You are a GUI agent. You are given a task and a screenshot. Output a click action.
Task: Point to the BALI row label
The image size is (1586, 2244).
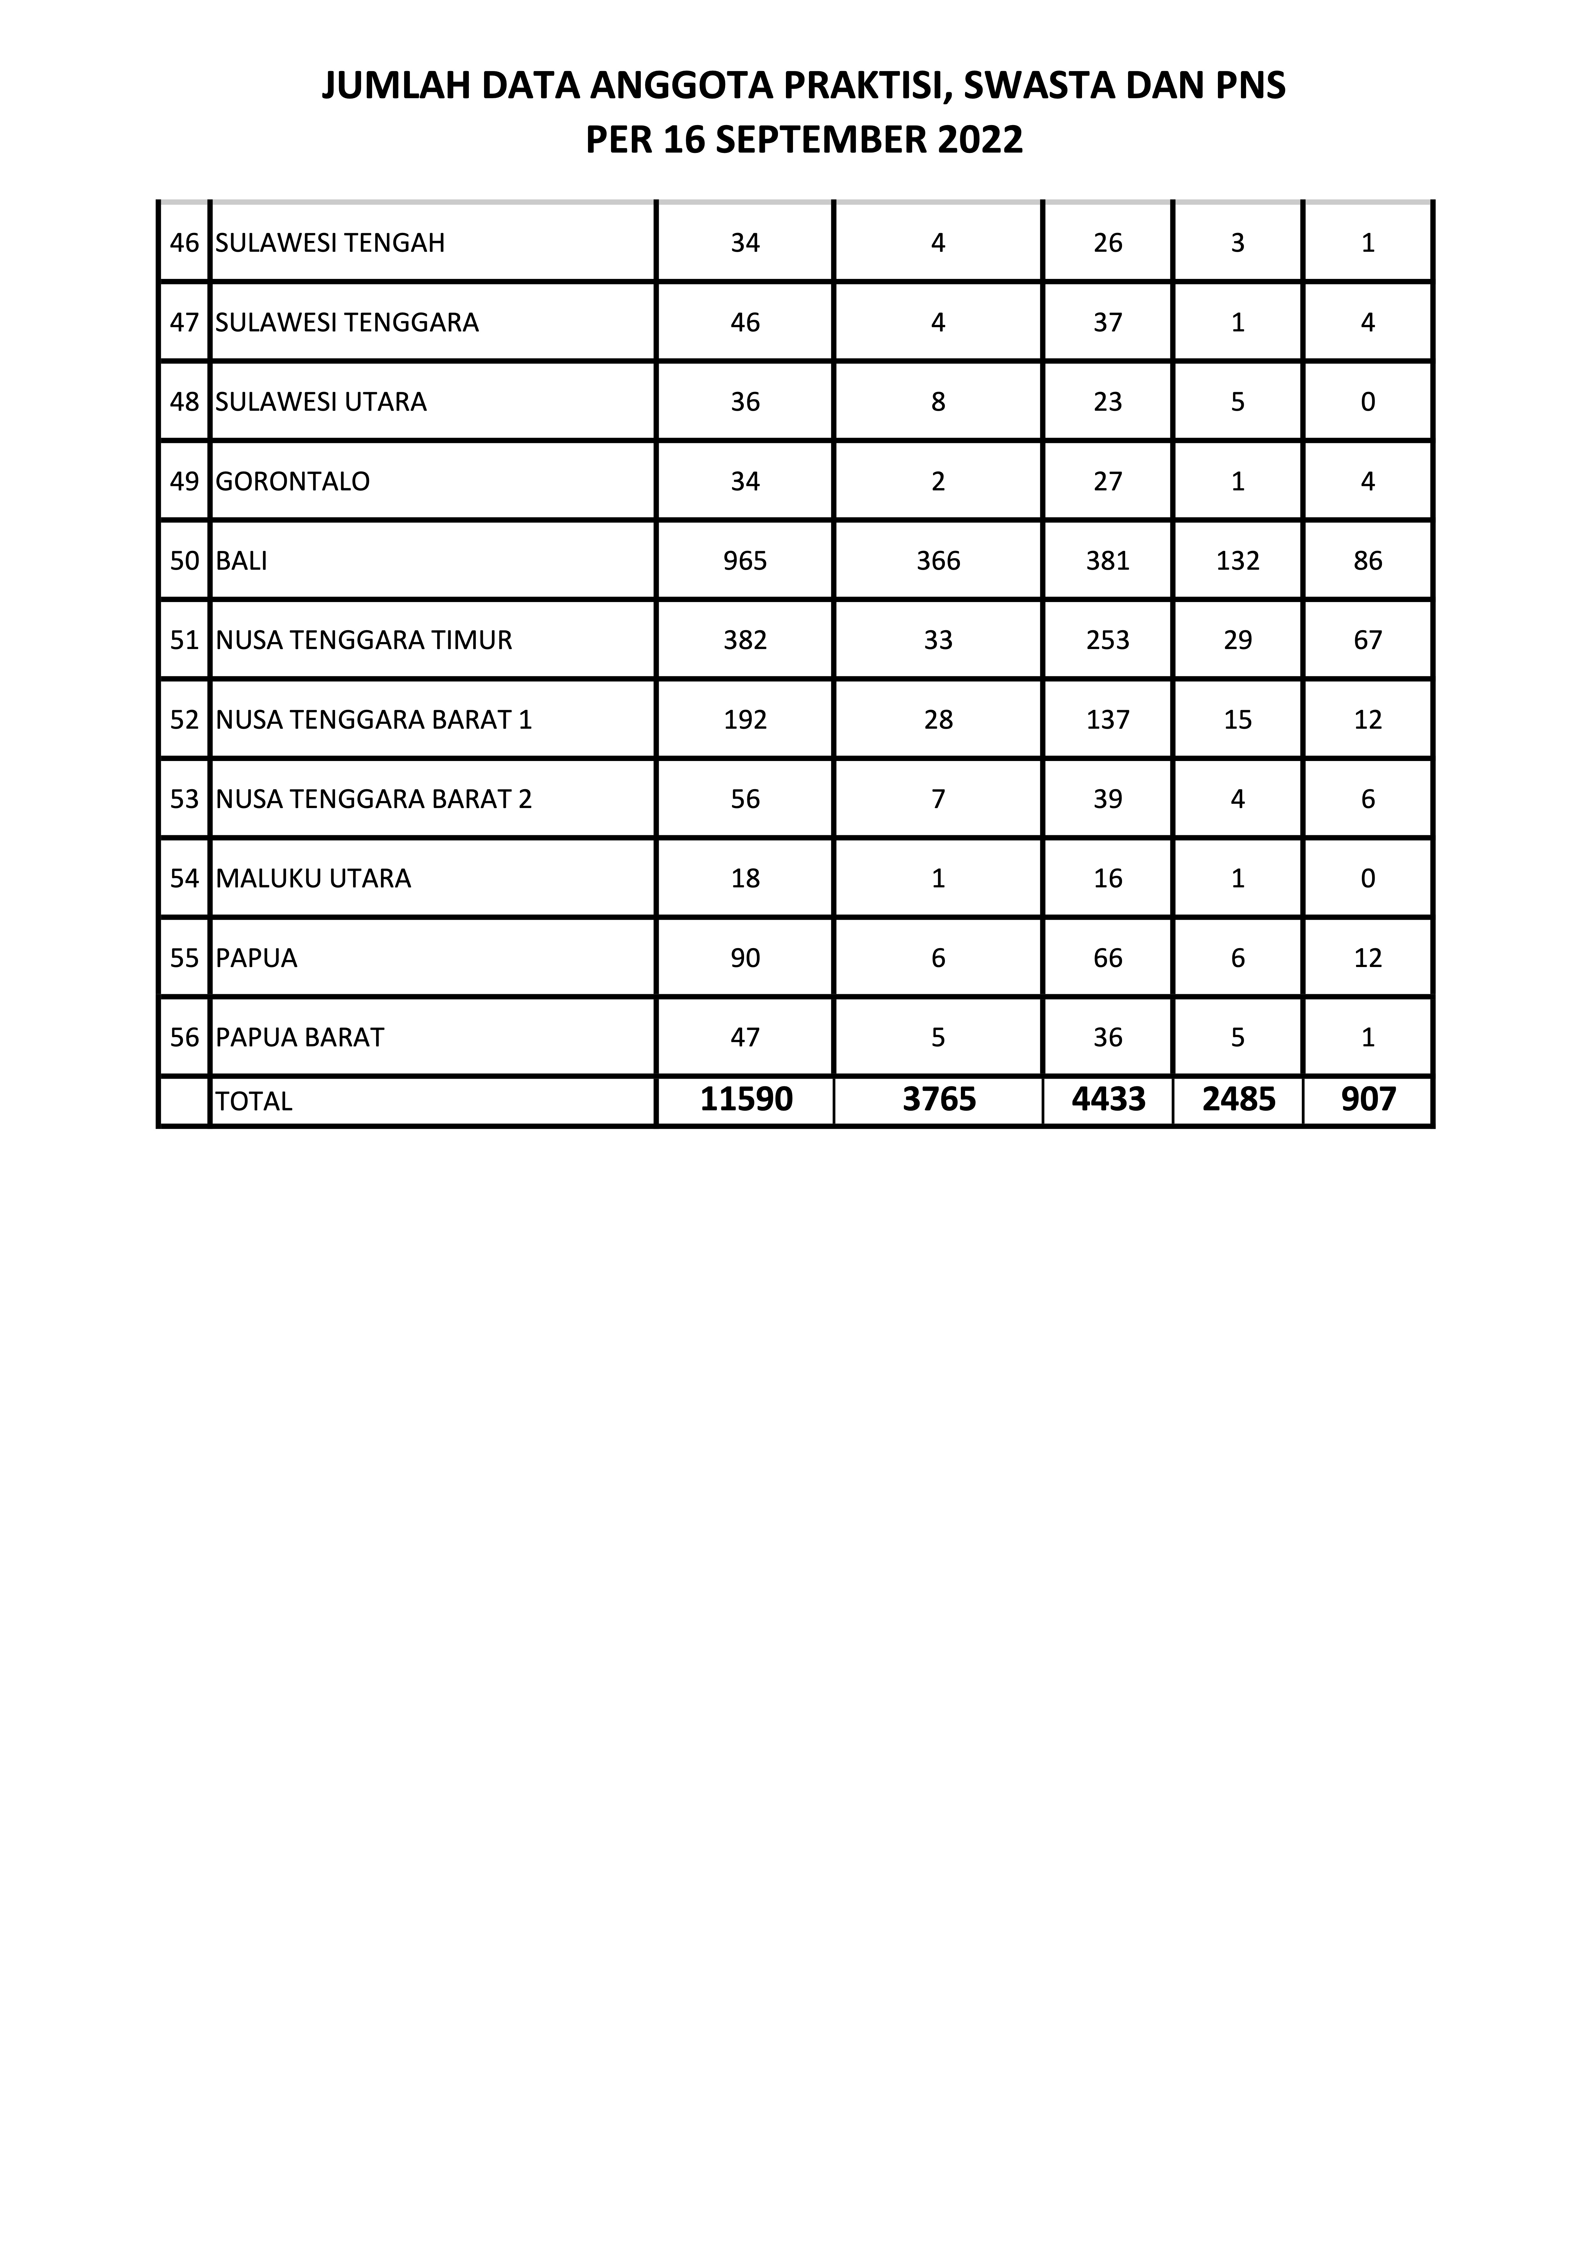241,561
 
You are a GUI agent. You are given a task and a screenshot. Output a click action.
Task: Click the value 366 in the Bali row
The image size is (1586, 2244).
938,561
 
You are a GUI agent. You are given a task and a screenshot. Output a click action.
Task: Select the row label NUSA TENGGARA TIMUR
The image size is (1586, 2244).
364,640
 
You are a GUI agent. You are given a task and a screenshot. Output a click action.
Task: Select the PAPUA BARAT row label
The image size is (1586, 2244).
300,1037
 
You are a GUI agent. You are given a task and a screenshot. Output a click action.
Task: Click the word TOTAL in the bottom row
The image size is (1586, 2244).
253,1101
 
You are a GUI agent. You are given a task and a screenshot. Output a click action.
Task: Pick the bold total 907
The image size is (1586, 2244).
1368,1099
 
